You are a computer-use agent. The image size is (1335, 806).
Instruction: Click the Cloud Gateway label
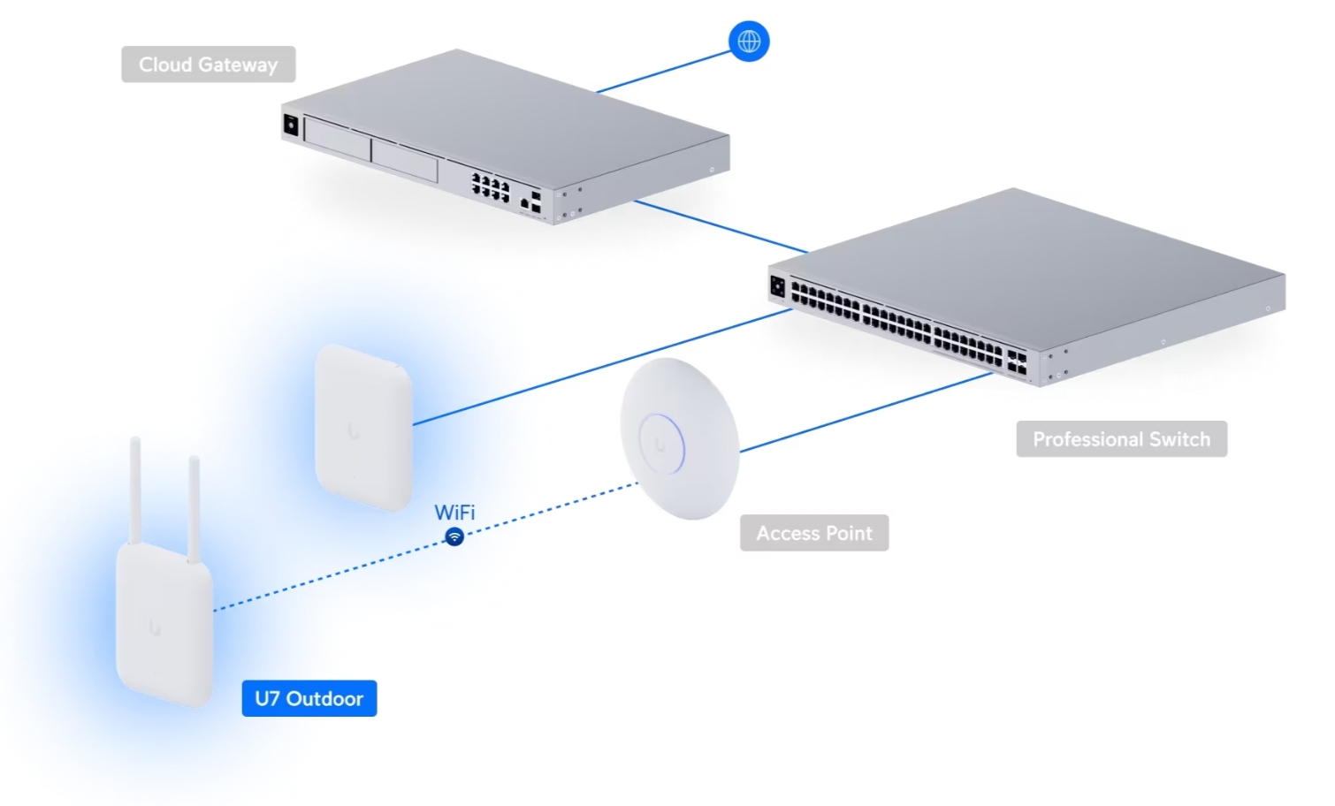[208, 65]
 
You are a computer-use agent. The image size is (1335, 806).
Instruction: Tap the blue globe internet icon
[749, 42]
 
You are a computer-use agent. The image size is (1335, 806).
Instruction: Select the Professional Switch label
[1121, 439]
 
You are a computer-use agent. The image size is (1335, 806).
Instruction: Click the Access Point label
[814, 533]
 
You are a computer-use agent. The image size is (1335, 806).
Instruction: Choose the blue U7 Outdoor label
[309, 698]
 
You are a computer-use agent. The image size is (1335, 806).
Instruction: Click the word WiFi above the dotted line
[454, 513]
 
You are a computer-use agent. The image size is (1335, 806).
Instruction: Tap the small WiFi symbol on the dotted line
[454, 536]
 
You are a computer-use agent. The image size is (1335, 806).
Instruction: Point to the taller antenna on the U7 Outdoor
[135, 490]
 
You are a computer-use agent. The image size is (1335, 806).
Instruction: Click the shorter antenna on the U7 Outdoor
[194, 508]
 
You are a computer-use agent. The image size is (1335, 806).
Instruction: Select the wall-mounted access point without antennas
[363, 427]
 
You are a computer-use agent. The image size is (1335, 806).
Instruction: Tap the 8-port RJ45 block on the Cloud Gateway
[491, 186]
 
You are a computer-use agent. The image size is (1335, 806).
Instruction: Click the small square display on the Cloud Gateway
[290, 125]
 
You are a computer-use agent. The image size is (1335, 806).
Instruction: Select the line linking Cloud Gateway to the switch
[721, 226]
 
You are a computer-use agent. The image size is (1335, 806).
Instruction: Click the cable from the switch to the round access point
[866, 413]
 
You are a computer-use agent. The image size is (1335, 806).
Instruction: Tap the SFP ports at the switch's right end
[1017, 362]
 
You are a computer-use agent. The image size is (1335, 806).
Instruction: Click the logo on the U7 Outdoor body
[155, 628]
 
